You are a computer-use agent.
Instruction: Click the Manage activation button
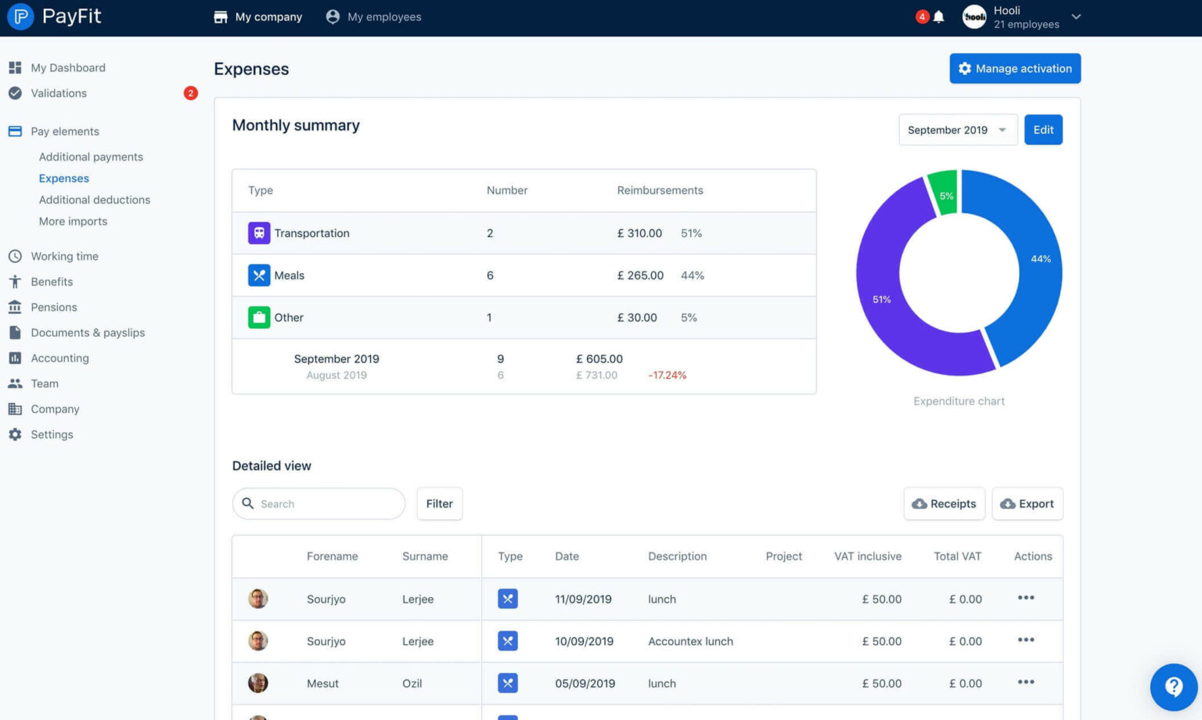click(x=1014, y=68)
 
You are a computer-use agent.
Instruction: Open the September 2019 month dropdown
click(x=957, y=130)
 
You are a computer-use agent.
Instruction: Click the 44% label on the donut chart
click(x=1040, y=259)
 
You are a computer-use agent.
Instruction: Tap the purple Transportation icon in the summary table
click(x=259, y=233)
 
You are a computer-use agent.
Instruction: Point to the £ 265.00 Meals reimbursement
click(x=640, y=275)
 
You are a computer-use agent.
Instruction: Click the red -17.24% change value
click(x=667, y=376)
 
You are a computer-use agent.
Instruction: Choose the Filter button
click(x=439, y=504)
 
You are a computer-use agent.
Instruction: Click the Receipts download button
click(x=944, y=504)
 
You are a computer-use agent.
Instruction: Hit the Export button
click(x=1027, y=504)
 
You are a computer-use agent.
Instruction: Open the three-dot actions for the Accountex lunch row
click(x=1025, y=640)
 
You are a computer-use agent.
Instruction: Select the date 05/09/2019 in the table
click(x=585, y=683)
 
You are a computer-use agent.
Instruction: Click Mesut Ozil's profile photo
click(x=258, y=683)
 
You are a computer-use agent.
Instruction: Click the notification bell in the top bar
click(x=938, y=16)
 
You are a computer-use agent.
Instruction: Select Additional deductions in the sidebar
click(x=95, y=200)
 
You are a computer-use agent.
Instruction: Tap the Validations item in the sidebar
click(x=59, y=93)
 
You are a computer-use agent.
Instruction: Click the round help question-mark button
click(x=1173, y=687)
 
